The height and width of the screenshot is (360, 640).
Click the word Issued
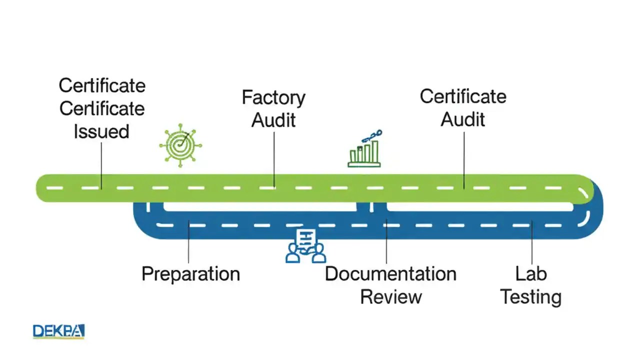point(101,131)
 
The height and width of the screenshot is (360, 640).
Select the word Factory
point(273,97)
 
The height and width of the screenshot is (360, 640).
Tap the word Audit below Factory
point(273,120)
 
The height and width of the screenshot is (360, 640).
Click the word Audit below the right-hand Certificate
point(463,119)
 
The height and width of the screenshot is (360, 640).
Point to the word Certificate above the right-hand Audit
point(463,96)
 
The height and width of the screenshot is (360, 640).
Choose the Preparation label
point(190,274)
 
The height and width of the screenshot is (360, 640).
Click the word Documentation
point(390,274)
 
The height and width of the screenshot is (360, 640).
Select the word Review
point(390,296)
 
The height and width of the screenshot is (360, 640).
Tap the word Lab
point(531,273)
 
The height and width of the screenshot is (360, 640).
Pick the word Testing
point(531,297)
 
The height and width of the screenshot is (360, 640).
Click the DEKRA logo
point(58,331)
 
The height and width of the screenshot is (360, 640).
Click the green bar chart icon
point(364,149)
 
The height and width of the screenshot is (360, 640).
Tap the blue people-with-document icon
point(305,246)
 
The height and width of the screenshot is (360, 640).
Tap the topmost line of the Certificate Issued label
point(102,85)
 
